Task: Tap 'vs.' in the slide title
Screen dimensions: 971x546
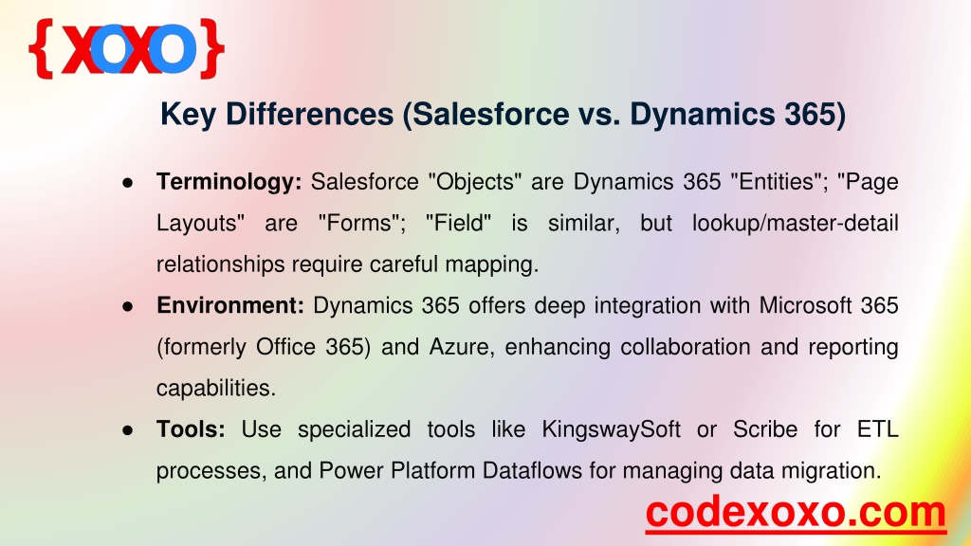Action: click(595, 115)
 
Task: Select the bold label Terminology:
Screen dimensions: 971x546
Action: click(229, 182)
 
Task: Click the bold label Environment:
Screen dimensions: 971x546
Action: click(229, 305)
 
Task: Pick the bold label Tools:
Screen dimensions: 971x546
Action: click(191, 429)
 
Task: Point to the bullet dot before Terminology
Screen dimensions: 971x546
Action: click(128, 183)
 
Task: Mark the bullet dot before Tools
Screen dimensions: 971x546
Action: click(128, 430)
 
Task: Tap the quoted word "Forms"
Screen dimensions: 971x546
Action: click(361, 223)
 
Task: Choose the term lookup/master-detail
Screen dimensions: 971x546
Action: click(796, 223)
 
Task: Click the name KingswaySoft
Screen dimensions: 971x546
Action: click(612, 429)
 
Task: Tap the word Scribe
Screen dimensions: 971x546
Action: click(765, 429)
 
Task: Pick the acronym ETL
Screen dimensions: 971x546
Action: click(877, 429)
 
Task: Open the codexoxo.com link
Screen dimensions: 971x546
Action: click(796, 513)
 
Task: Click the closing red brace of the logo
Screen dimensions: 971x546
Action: click(211, 48)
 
